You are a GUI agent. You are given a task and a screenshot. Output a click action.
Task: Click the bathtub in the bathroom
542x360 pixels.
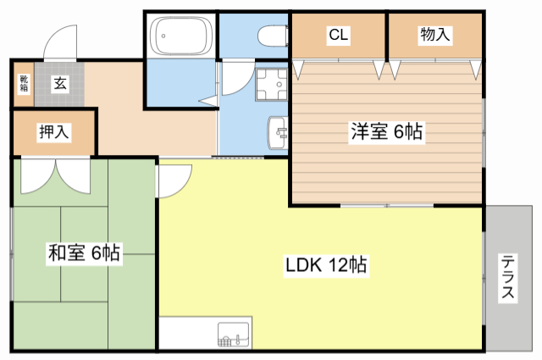[180, 37]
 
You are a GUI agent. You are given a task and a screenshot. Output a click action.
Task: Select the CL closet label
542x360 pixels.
[339, 35]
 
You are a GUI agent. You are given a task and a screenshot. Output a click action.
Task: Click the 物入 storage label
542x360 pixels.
[435, 35]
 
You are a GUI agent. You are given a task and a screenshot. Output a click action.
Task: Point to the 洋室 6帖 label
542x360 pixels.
[387, 132]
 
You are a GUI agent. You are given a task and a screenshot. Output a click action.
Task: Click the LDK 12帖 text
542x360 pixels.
[325, 264]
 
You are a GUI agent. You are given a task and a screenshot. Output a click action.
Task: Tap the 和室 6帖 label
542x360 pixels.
[84, 252]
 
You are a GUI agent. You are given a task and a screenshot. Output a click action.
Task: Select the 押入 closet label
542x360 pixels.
[53, 133]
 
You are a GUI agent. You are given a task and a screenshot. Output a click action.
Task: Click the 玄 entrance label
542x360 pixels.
[61, 83]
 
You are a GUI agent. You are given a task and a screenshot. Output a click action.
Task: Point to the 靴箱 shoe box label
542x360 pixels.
[23, 83]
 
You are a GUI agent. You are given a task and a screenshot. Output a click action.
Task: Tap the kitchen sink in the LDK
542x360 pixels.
[234, 335]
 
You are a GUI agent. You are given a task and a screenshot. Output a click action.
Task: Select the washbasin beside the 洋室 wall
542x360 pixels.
[278, 133]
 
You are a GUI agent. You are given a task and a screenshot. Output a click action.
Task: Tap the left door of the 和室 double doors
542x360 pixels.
[37, 175]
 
